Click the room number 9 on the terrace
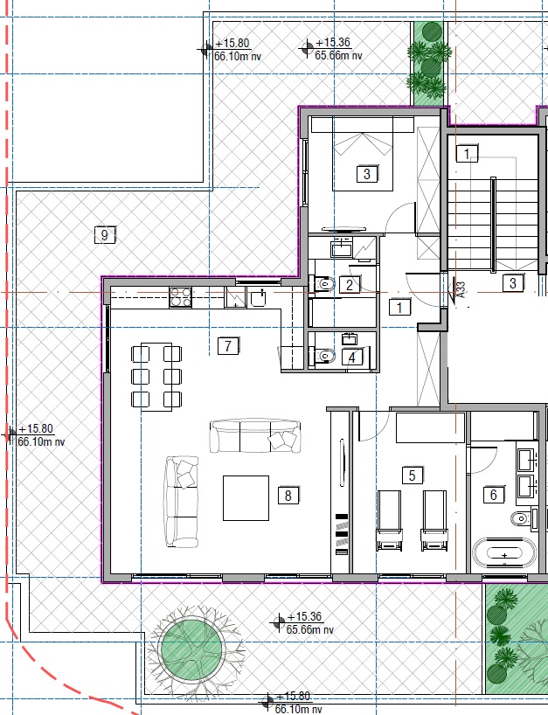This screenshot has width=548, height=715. coord(105,235)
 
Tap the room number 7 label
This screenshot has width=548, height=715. coord(228,345)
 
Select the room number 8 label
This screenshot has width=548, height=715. coord(288,496)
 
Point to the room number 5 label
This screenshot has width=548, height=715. coord(413,476)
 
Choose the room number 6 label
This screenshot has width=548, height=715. coord(493,495)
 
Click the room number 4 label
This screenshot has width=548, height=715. coord(352,357)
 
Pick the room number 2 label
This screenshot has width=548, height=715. coord(350,285)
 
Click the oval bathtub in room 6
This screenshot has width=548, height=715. coord(504,552)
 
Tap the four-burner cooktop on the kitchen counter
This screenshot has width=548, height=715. coord(181,297)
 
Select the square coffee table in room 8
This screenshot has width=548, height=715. coord(246,498)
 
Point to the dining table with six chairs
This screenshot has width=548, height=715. coord(156,377)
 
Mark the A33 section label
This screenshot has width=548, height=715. coord(461,289)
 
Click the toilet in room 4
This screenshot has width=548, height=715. coord(323,355)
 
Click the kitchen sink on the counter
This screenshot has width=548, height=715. coord(259,299)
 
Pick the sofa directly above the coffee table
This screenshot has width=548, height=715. coord(255,435)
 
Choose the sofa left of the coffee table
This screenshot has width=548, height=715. coord(182,502)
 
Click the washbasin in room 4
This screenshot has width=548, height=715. coord(350,338)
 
